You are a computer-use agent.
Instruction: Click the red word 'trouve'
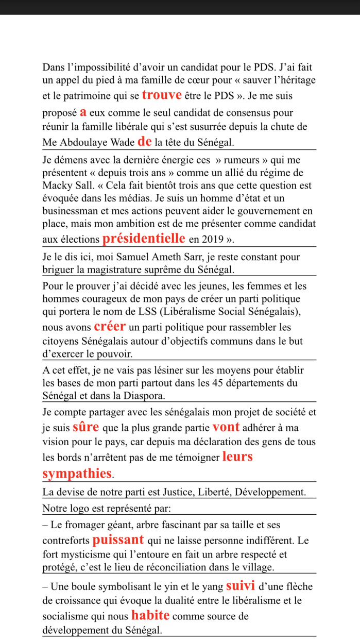pos(162,95)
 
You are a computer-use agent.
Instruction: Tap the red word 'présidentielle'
pos(144,239)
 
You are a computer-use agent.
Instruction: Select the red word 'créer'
pos(110,327)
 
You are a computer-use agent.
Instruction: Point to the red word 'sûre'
pos(86,427)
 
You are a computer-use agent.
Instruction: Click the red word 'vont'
pos(226,427)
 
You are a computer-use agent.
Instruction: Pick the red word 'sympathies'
pos(77,473)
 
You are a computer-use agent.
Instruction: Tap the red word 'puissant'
pos(118,540)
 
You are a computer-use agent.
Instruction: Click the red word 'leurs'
pos(237,457)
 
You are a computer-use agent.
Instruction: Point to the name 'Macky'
pos(56,184)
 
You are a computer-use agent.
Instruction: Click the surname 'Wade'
pos(124,142)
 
